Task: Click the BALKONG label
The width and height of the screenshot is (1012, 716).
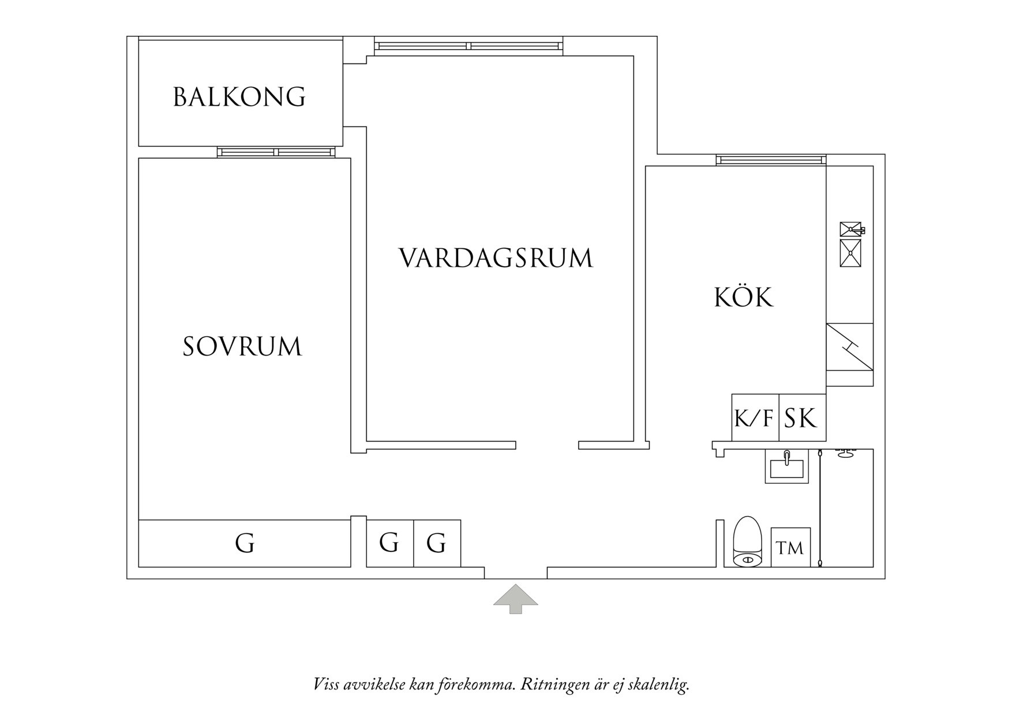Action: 239,97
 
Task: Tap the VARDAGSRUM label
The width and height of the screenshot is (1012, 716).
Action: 496,258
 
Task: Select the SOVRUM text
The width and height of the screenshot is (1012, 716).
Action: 242,346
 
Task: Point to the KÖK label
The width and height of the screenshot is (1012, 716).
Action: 744,297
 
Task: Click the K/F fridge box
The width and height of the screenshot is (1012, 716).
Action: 755,417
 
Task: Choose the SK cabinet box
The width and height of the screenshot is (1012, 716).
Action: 802,417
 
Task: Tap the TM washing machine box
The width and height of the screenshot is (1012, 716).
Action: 790,547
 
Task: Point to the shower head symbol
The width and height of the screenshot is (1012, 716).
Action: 846,453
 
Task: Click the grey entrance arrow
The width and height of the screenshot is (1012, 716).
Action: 515,598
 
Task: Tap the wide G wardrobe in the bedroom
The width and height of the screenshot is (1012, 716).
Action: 245,543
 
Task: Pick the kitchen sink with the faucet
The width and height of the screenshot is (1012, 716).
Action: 851,229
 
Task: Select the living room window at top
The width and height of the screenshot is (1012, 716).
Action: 468,46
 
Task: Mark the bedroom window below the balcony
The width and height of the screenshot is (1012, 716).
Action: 276,152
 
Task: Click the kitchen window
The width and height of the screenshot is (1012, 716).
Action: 771,160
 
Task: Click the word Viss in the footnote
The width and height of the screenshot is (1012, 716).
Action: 326,685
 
